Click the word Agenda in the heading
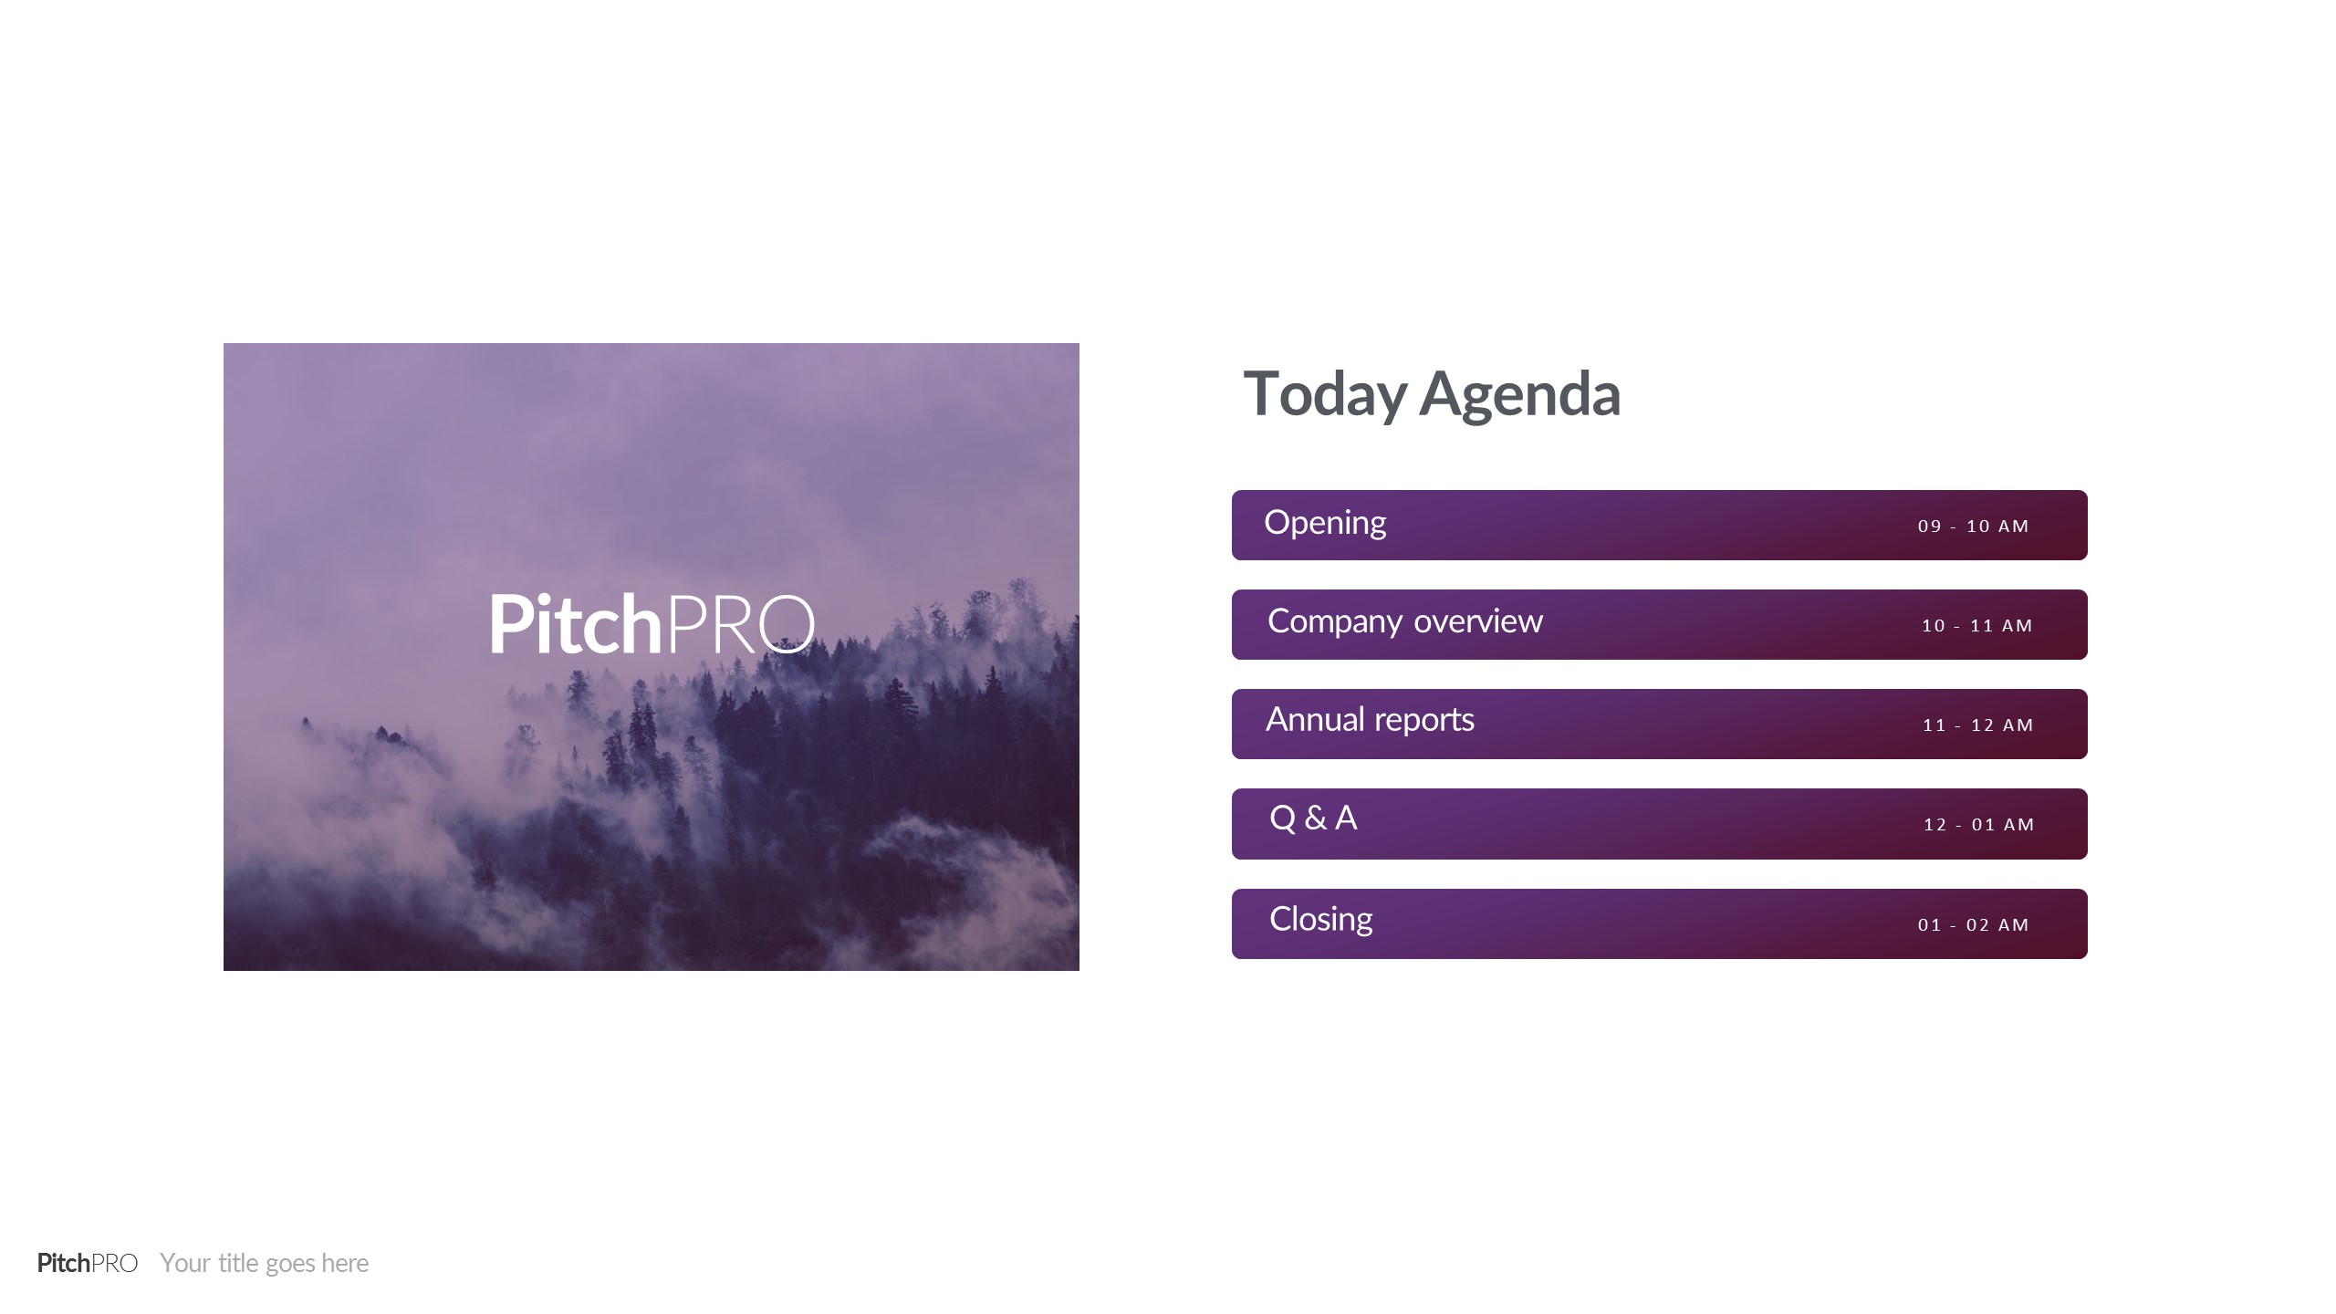tap(1520, 395)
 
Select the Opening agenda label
tap(1325, 524)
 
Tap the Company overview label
tap(1405, 622)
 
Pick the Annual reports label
tap(1370, 721)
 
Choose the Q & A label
tap(1313, 819)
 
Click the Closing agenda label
tap(1321, 920)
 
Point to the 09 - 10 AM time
tap(1974, 527)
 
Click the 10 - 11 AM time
tap(1977, 626)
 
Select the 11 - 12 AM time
tap(1978, 725)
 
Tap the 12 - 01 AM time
tap(1979, 825)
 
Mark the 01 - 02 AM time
tap(1974, 925)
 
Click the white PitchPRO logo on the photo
tap(652, 624)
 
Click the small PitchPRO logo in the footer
tap(88, 1263)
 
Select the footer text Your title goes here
tap(265, 1264)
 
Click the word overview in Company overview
tap(1478, 622)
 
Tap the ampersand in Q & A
tap(1316, 819)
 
